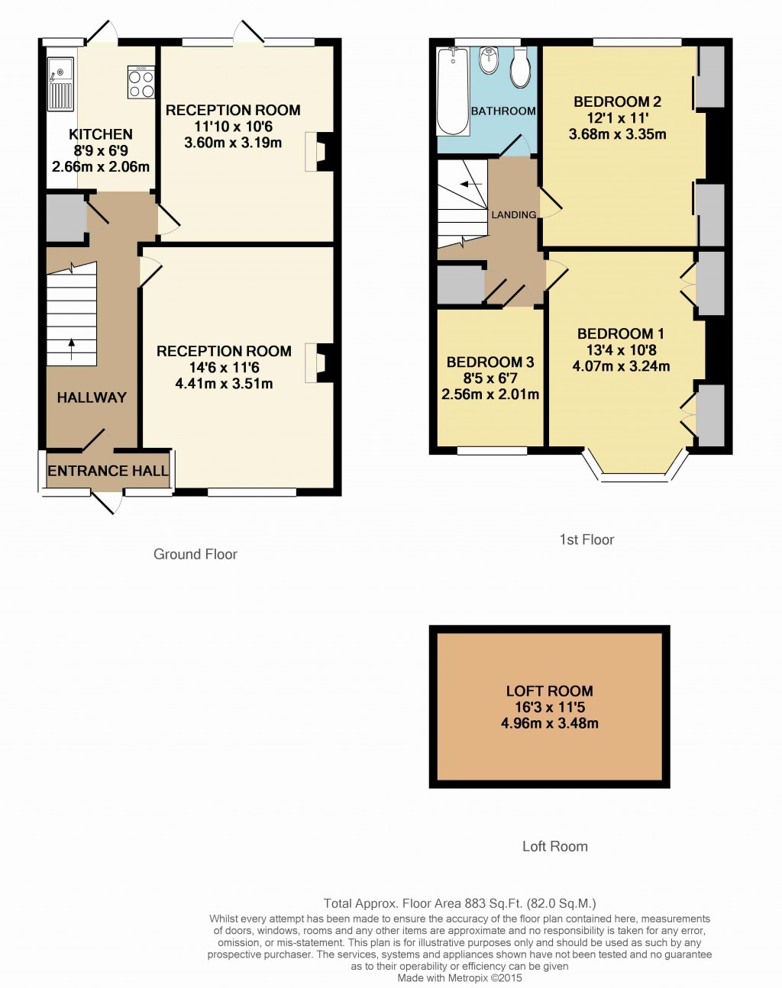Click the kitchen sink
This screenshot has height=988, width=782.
pyautogui.click(x=60, y=84)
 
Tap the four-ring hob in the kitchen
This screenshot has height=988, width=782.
pyautogui.click(x=141, y=82)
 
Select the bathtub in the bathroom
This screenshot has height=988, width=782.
pyautogui.click(x=453, y=91)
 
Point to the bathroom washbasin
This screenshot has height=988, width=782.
pyautogui.click(x=490, y=61)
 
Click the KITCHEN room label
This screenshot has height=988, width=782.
pyautogui.click(x=101, y=134)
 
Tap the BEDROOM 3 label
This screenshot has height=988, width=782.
pyautogui.click(x=490, y=362)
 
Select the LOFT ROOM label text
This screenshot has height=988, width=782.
pyautogui.click(x=549, y=691)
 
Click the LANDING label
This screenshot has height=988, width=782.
pyautogui.click(x=513, y=214)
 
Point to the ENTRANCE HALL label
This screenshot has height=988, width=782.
pyautogui.click(x=108, y=471)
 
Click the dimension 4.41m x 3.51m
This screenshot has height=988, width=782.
pyautogui.click(x=224, y=383)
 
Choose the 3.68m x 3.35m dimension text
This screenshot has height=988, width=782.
pyautogui.click(x=617, y=134)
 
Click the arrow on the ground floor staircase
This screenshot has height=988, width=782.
pyautogui.click(x=71, y=349)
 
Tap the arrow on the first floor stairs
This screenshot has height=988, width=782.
pyautogui.click(x=470, y=184)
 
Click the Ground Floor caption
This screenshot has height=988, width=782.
pyautogui.click(x=195, y=554)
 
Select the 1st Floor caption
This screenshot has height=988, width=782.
pyautogui.click(x=586, y=539)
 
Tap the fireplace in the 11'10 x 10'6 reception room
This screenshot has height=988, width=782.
pyautogui.click(x=319, y=152)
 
